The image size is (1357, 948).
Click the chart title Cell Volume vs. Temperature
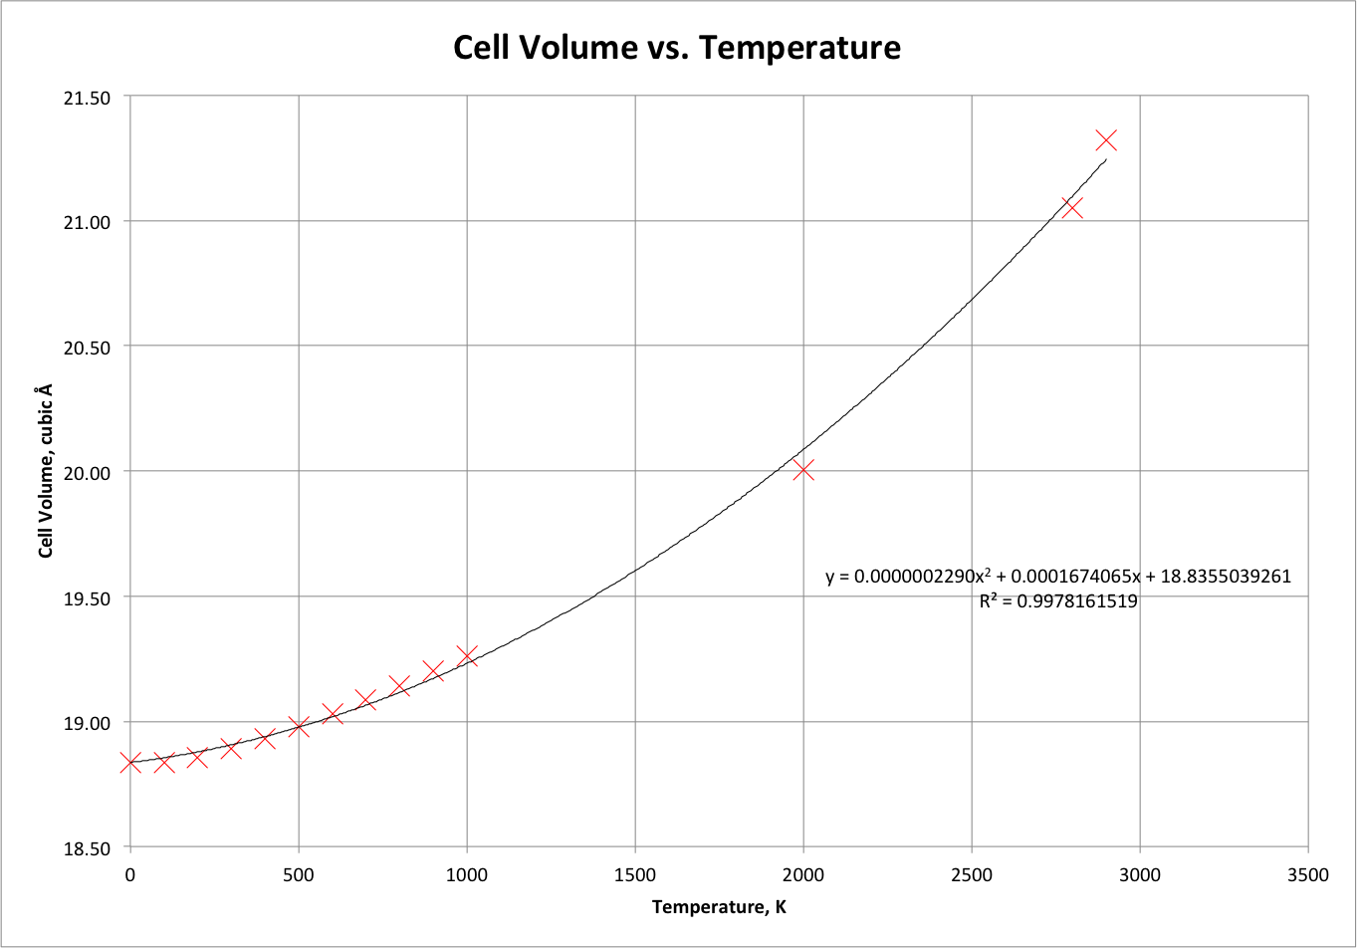(677, 47)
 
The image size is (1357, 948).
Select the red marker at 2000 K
(803, 470)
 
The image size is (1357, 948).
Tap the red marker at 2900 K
(1106, 140)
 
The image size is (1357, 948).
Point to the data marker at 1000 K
(467, 656)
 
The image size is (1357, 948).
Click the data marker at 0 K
(130, 763)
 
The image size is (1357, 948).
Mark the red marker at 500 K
(299, 727)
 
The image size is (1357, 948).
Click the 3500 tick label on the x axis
(1307, 875)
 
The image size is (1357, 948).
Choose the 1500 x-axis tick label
(635, 875)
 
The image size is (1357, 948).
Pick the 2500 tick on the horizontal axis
(972, 875)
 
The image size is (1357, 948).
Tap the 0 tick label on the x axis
(130, 875)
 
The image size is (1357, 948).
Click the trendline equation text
(1058, 578)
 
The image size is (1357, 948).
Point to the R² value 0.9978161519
(1058, 601)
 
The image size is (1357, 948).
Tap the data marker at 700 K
(365, 699)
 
